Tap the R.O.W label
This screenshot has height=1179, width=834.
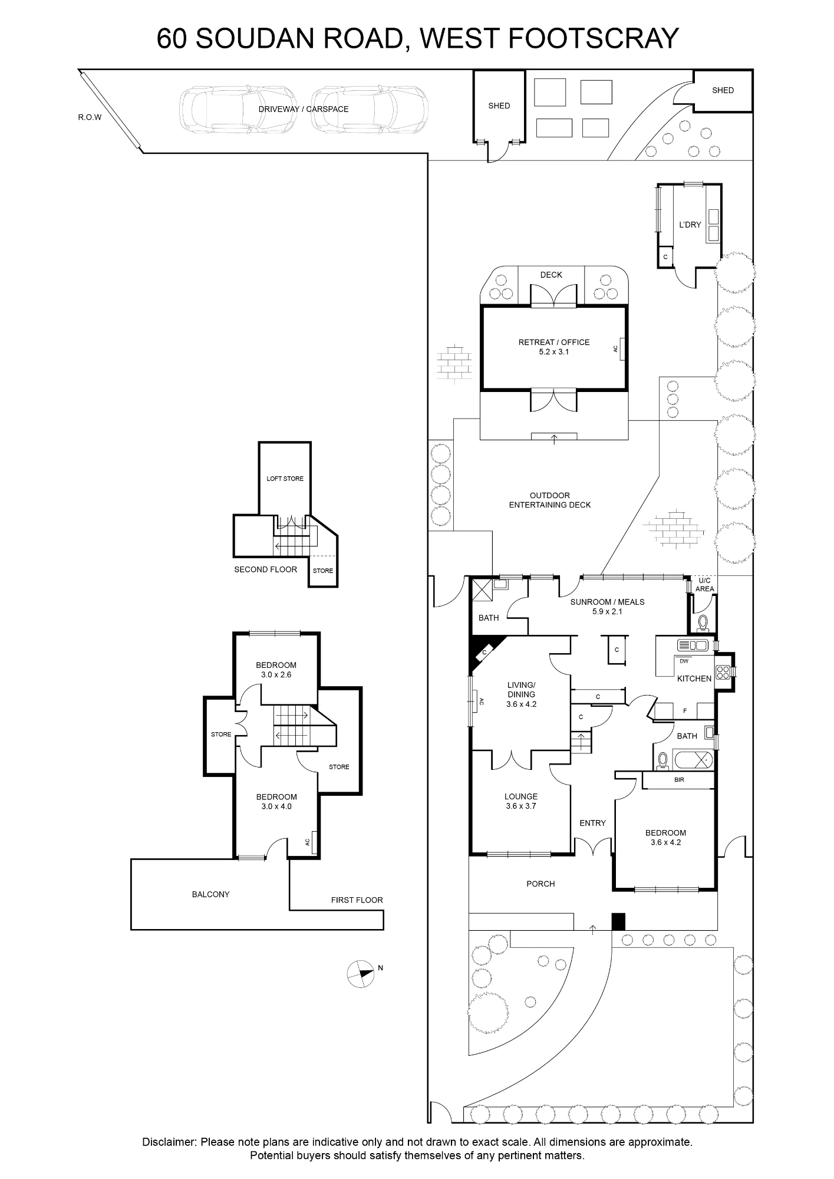[x=90, y=117]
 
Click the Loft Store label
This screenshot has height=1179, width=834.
[x=285, y=479]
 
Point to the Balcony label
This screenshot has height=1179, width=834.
[x=211, y=894]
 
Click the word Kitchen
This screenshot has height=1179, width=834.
[x=694, y=679]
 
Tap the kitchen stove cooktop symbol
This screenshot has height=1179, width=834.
[x=723, y=671]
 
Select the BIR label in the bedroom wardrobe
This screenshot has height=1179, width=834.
[x=679, y=780]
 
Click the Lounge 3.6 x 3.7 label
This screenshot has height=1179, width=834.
[x=521, y=801]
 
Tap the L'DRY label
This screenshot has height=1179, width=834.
[x=690, y=225]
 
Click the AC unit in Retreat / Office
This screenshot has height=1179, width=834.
[x=622, y=348]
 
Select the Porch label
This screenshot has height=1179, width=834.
[x=540, y=884]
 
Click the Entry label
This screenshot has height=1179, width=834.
[x=592, y=823]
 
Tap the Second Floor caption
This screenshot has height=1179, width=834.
[x=265, y=569]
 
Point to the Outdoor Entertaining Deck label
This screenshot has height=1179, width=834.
[x=549, y=500]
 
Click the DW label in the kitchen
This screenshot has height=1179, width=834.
[x=684, y=661]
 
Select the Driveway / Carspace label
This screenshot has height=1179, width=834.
[x=304, y=109]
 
